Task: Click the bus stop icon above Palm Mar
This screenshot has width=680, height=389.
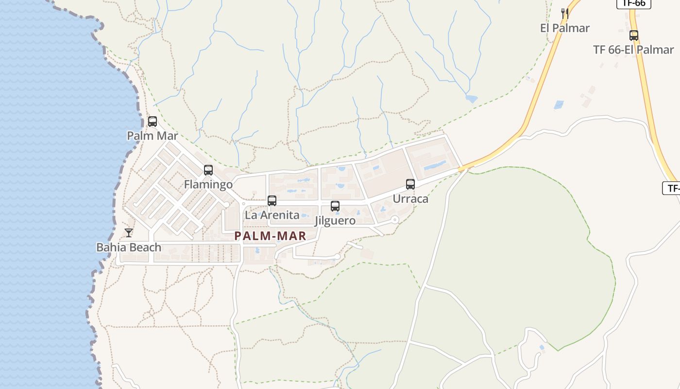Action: point(153,122)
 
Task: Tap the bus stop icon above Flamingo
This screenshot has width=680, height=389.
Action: point(208,170)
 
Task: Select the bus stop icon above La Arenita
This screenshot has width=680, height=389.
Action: point(272,200)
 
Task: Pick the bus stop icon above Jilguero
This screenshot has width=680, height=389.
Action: point(335,206)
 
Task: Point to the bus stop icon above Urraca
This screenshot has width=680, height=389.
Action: point(410,184)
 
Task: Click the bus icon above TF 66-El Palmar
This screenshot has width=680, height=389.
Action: point(634,35)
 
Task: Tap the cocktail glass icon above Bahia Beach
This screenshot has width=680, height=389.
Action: point(129,233)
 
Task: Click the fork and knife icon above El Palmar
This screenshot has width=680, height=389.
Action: point(564,14)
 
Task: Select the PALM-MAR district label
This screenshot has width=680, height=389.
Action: point(270,236)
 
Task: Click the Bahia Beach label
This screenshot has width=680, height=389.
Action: point(129,248)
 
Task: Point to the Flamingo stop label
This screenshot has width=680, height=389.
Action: point(208,185)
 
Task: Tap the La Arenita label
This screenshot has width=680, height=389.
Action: point(272,215)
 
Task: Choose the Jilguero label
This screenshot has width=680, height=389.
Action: point(335,221)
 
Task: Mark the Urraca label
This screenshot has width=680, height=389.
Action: point(410,199)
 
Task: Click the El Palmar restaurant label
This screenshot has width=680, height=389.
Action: point(564,28)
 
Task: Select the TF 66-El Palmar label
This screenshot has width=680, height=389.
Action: point(633,50)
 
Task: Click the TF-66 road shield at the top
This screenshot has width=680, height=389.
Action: point(634,3)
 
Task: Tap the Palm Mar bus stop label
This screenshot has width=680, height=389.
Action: point(153,136)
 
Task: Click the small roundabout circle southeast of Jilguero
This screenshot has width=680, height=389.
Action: point(395,220)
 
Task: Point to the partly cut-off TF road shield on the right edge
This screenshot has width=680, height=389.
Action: point(672,188)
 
